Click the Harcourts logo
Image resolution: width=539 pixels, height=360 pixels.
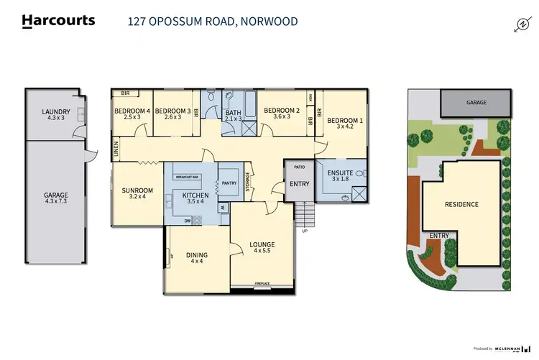59,21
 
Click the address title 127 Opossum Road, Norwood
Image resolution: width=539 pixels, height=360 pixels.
212,22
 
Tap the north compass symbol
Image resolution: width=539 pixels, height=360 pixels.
522,25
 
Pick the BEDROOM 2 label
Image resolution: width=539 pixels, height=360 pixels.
281,114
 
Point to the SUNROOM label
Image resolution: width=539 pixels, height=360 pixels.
137,193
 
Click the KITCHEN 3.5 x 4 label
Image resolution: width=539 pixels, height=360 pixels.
195,199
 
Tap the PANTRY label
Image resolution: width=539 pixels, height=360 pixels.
229,183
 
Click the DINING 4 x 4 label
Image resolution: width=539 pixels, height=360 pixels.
196,259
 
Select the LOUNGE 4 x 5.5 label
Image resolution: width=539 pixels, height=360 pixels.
263,249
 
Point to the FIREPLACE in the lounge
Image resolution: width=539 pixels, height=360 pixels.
263,285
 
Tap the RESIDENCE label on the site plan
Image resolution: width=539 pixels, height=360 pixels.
461,204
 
